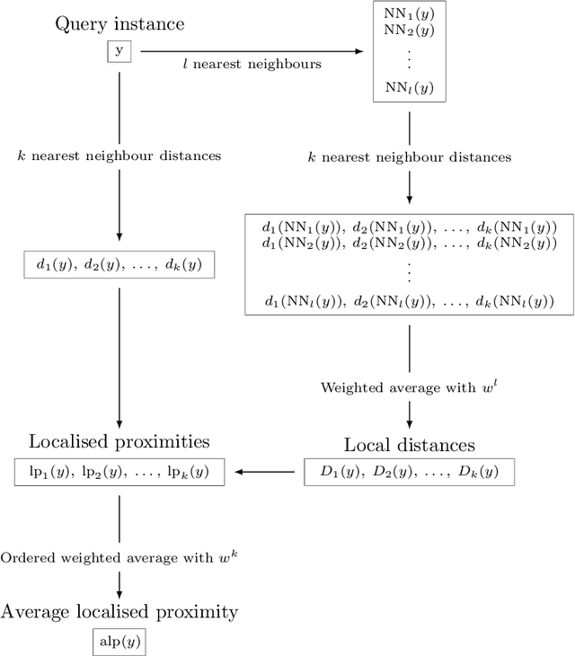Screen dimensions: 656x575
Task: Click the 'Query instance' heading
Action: [x=119, y=23]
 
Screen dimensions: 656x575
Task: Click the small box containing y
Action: [x=119, y=52]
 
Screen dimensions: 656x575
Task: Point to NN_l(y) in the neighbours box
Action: [x=409, y=88]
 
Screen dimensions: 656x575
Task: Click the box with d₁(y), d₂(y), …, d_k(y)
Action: [x=119, y=264]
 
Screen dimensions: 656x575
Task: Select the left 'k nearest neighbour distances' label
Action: [x=119, y=155]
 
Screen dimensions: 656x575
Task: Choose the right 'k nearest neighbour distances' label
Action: [x=409, y=156]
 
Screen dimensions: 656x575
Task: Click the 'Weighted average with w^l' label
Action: [x=409, y=387]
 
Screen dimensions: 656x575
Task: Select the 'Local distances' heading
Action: [x=409, y=445]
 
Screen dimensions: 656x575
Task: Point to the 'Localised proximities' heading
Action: [x=119, y=441]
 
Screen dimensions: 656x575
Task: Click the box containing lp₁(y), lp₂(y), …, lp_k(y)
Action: [x=119, y=471]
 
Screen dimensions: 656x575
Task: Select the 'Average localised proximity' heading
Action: [x=119, y=612]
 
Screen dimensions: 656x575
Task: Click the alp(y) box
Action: [x=119, y=642]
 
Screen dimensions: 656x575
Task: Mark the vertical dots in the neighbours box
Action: [x=409, y=58]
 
